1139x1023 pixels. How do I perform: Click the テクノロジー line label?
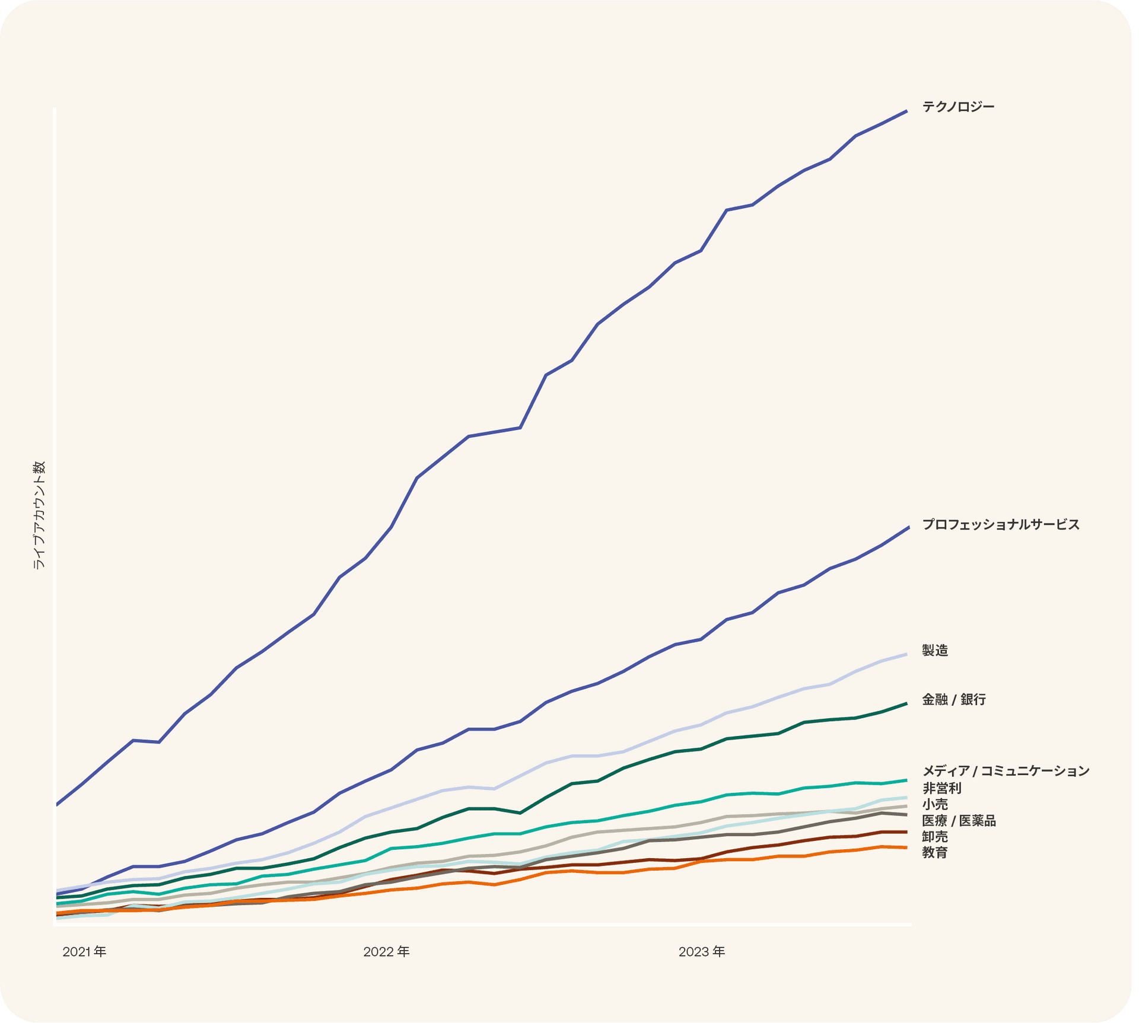point(957,107)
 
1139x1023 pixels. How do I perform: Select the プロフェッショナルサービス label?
point(1000,524)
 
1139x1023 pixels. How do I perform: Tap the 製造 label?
point(935,651)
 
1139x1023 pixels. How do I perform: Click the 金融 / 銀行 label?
point(953,700)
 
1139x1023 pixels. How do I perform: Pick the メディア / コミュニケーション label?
point(1006,771)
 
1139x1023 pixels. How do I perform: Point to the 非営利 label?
point(941,788)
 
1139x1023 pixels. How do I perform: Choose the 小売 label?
point(935,804)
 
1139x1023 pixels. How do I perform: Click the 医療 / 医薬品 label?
point(959,821)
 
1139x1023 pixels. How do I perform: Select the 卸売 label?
point(935,837)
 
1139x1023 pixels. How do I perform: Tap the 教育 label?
point(935,853)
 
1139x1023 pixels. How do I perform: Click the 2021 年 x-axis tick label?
point(84,952)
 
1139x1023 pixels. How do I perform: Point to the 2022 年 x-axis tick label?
point(386,952)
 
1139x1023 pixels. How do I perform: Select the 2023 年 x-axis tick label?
point(701,952)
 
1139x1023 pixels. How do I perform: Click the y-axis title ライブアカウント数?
point(39,515)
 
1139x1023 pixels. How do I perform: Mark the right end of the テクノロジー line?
point(906,111)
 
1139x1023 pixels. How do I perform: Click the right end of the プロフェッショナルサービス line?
point(908,527)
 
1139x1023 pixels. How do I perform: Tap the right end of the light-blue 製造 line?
point(906,654)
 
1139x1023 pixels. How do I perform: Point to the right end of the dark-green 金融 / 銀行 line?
point(906,703)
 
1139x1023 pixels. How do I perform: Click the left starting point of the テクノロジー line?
point(57,805)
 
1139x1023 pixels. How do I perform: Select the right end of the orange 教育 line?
point(906,847)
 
